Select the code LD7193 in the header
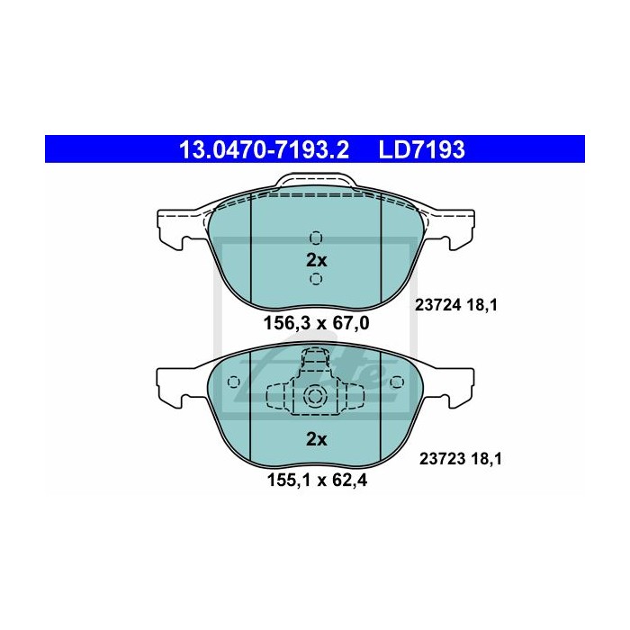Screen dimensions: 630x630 [423, 148]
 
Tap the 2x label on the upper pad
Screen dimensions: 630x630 [315, 260]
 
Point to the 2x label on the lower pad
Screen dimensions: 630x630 [315, 439]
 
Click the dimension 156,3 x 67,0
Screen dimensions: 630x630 [316, 321]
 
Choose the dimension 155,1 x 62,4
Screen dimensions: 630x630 [316, 479]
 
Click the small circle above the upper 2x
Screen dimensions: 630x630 [315, 238]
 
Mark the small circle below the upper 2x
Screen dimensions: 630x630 [315, 280]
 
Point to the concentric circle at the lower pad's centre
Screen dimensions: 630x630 [315, 396]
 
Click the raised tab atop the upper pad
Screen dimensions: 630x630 [315, 182]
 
